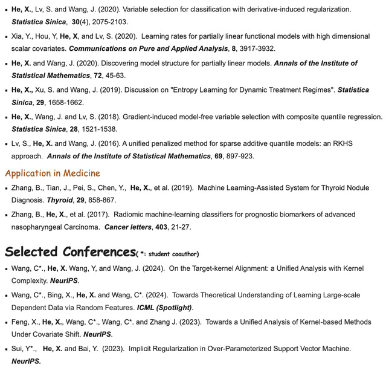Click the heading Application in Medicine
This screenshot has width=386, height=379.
tap(53, 173)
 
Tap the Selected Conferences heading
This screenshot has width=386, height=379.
tap(69, 251)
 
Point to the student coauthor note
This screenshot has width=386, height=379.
tap(169, 253)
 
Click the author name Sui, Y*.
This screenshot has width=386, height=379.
tap(24, 349)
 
